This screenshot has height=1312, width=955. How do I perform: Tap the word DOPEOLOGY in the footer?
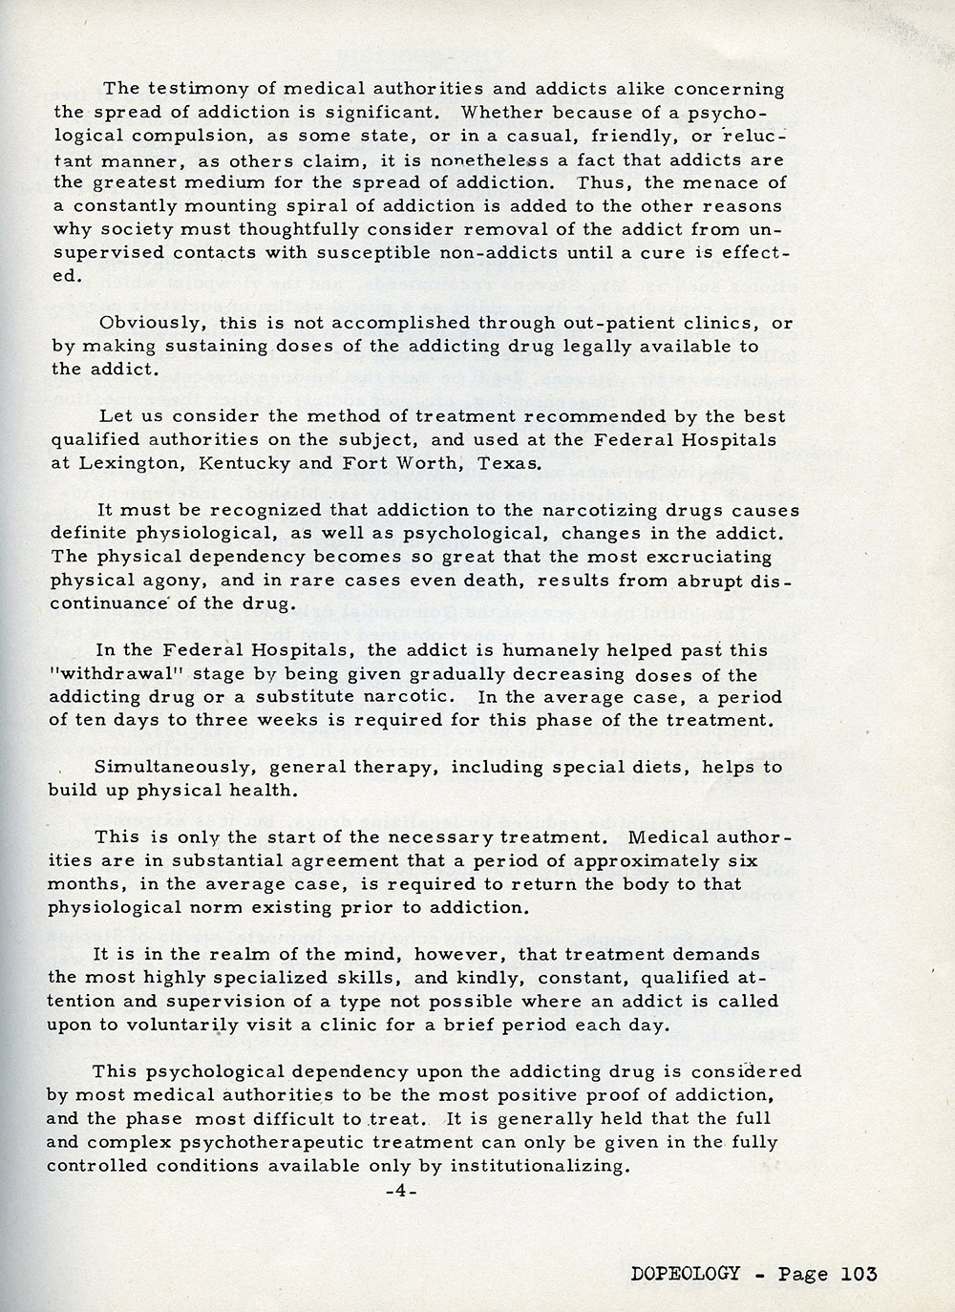coord(685,1273)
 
